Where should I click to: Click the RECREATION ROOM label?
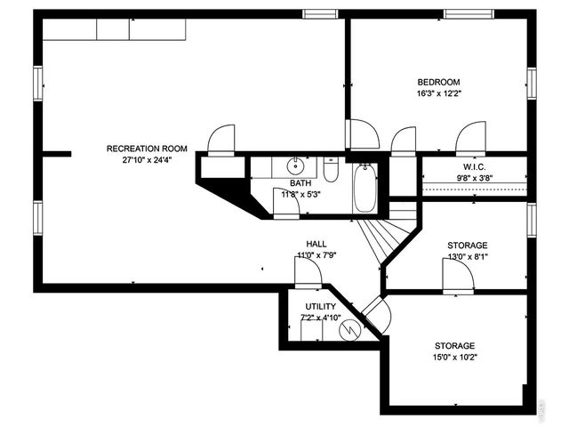[x=147, y=149]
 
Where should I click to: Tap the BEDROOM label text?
[x=438, y=82]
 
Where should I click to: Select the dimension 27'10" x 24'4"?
[x=147, y=161]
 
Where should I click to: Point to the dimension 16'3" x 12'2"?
[x=438, y=93]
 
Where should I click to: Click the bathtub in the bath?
[x=365, y=189]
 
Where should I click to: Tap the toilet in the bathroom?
[x=330, y=168]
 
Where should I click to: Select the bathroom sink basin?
[x=295, y=166]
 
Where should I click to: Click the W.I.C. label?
[x=473, y=166]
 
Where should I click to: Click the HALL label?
[x=317, y=244]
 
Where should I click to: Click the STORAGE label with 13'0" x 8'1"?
[x=467, y=246]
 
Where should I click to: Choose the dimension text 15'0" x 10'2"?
[x=454, y=359]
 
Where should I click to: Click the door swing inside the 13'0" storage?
[x=459, y=275]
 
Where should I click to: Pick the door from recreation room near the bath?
[x=220, y=140]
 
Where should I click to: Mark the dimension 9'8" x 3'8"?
[x=473, y=178]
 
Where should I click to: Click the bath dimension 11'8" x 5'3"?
[x=300, y=194]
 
